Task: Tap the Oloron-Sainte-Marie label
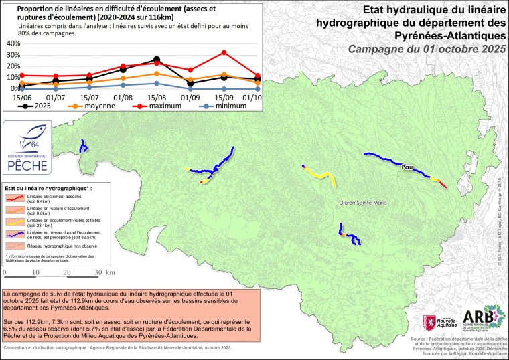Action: (362, 203)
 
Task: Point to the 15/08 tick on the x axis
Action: (156, 98)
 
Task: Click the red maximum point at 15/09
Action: (224, 52)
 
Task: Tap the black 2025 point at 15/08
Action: (156, 59)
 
